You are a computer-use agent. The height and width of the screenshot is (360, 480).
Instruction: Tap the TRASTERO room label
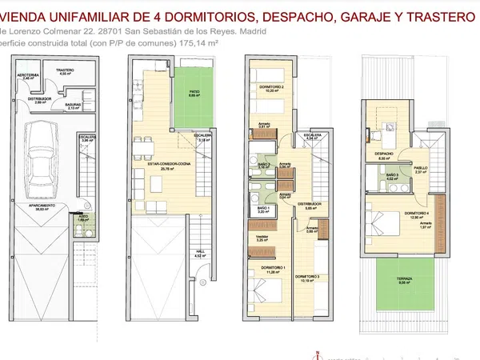point(65,70)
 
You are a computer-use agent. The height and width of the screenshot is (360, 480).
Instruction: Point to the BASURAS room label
point(74,103)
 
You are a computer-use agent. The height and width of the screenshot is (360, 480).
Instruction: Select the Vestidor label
point(262,237)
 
